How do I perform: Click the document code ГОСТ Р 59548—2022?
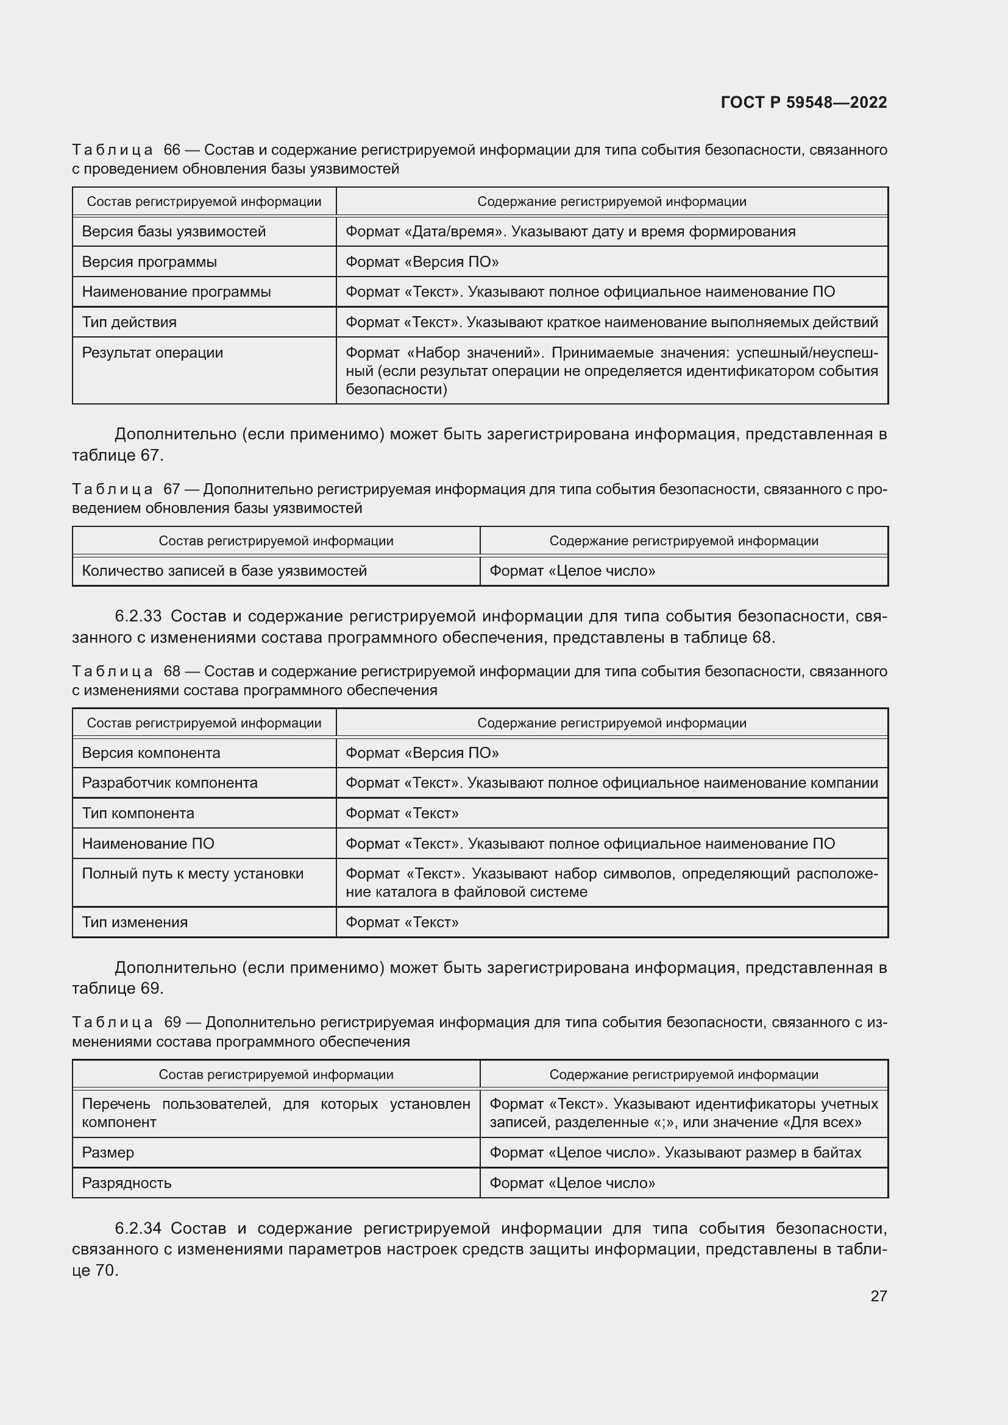click(803, 102)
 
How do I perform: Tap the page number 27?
click(878, 1296)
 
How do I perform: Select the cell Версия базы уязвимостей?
click(174, 232)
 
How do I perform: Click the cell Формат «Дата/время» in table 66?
click(570, 232)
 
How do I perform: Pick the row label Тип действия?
click(129, 322)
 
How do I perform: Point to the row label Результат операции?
click(152, 353)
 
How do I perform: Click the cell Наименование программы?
click(176, 292)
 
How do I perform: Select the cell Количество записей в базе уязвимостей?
click(224, 570)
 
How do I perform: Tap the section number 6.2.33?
click(138, 617)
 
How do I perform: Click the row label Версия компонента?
click(151, 753)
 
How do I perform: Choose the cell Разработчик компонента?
click(169, 783)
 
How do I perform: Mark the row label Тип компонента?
click(138, 813)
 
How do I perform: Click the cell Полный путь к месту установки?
click(193, 874)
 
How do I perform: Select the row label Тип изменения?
click(135, 922)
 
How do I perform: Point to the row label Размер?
click(108, 1153)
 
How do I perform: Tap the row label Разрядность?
click(127, 1183)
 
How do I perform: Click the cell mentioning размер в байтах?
click(675, 1153)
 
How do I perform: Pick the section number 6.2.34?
click(138, 1228)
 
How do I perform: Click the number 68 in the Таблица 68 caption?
click(172, 671)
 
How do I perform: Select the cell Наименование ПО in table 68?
click(147, 843)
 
